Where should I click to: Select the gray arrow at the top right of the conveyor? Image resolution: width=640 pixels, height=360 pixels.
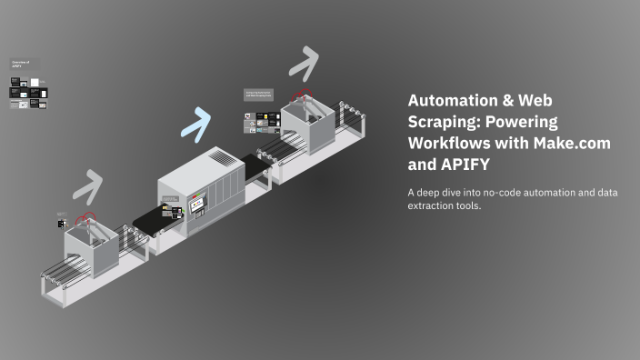(x=304, y=61)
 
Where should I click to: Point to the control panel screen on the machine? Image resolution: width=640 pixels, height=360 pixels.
(x=195, y=207)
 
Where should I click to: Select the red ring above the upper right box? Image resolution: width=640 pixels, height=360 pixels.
(x=302, y=94)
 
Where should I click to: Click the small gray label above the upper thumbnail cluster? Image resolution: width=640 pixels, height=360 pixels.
(x=260, y=94)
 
